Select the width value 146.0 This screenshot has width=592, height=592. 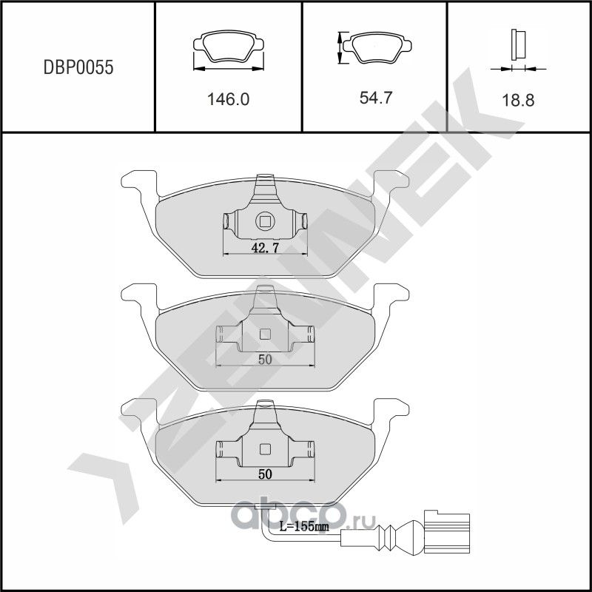[x=229, y=99]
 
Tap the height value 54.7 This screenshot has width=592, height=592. [x=376, y=98]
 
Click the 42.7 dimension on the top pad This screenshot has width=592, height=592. [x=265, y=249]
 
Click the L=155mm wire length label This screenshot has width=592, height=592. [x=304, y=527]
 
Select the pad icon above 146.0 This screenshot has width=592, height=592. [x=229, y=50]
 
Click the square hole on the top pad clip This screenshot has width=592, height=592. [x=265, y=221]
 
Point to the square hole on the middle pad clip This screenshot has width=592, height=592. [x=265, y=333]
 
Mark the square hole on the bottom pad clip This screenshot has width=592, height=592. [x=265, y=448]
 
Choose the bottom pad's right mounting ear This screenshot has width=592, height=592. [x=390, y=409]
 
